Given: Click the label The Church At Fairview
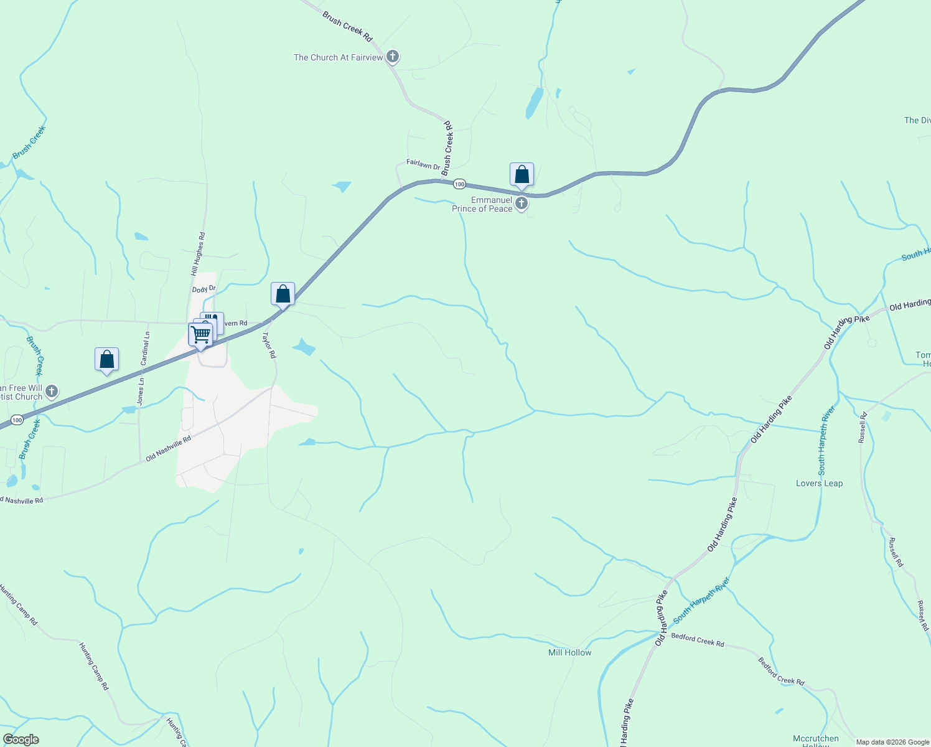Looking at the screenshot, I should tap(338, 57).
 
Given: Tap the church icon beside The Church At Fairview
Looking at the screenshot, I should tap(393, 57).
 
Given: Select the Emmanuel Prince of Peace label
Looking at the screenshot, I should tap(482, 204).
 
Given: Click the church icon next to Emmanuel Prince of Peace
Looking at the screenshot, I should tap(522, 204).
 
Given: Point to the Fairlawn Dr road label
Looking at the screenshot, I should tap(423, 164).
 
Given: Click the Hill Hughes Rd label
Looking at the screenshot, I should tap(198, 254).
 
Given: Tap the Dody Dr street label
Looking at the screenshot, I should tap(204, 289).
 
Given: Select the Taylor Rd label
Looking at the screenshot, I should tap(269, 345).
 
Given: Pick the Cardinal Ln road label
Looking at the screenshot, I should tap(145, 349).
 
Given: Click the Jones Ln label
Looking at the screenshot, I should tap(141, 392).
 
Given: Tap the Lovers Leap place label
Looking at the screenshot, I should tap(819, 483).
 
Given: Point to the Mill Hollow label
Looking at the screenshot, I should tap(569, 652).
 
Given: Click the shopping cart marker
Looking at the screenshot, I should tap(200, 334).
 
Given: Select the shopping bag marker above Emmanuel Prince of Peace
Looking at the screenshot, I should tap(522, 175).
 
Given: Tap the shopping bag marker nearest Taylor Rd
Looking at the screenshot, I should tap(283, 294).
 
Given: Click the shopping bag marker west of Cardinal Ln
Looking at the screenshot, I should tap(106, 360).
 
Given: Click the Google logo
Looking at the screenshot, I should tap(21, 740).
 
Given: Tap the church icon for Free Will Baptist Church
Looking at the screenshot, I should tap(52, 392).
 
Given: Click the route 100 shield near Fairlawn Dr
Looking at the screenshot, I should tap(459, 184).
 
